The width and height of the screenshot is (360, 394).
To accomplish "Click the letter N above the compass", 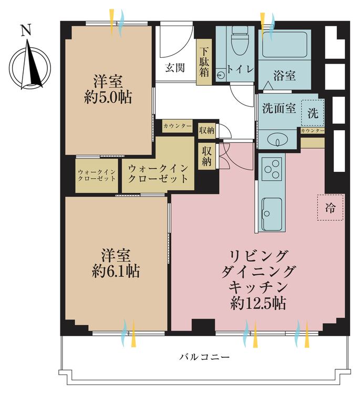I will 25,30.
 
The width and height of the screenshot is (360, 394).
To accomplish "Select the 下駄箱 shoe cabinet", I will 204,63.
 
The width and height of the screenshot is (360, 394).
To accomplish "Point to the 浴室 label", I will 284,76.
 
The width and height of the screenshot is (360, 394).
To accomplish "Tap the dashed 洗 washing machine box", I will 312,112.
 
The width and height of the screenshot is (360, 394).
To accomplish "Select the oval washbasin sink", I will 277,139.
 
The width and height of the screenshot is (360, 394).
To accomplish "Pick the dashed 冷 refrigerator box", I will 331,207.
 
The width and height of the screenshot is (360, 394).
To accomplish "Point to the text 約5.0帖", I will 108,97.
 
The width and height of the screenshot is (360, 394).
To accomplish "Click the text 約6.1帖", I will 116,272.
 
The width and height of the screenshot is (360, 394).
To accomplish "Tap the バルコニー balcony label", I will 204,357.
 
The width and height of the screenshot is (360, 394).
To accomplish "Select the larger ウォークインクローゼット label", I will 158,173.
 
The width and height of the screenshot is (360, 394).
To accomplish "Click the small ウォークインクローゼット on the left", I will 97,175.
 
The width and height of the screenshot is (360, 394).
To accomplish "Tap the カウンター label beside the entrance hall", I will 177,126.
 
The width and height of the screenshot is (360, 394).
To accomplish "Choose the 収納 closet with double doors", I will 206,155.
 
